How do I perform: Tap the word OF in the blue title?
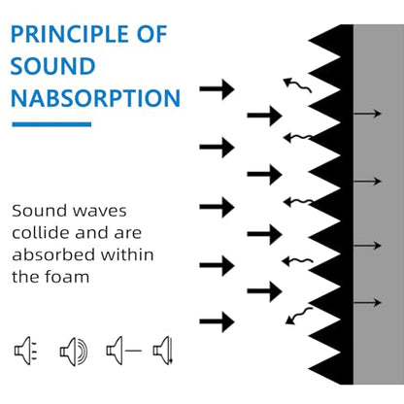151,34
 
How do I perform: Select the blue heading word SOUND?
52,66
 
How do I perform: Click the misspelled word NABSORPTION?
95,98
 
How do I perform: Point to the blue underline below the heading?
51,124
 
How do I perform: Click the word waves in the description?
100,211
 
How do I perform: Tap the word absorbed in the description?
54,254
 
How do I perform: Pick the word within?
127,254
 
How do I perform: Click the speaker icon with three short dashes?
26,351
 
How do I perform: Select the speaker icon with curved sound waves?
74,352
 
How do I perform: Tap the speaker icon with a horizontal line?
124,351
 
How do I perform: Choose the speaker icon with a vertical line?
163,351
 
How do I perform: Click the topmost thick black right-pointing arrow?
217,88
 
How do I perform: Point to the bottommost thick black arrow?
217,321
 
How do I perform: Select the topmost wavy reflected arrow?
297,84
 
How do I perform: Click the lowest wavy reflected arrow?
299,316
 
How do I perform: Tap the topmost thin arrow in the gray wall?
367,114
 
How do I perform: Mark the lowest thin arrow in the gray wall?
367,302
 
